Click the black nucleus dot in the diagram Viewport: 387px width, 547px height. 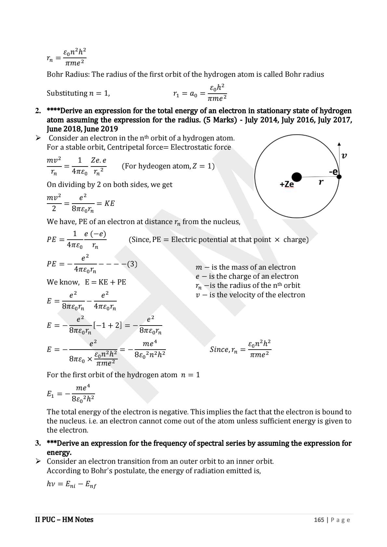(296, 177)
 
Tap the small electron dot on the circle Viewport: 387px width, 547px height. (339, 177)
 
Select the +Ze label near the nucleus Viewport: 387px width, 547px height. (287, 184)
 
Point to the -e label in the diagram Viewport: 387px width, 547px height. (333, 172)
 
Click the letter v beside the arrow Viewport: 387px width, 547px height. (344, 155)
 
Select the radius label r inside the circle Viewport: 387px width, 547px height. (321, 182)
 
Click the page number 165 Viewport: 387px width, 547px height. (319, 520)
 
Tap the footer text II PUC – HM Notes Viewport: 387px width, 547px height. (64, 520)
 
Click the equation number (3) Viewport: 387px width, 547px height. (132, 264)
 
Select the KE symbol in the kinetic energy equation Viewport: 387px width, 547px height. (109, 204)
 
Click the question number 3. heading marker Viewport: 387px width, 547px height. (38, 443)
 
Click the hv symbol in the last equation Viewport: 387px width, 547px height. (51, 484)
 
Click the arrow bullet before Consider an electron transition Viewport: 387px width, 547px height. (38, 461)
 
